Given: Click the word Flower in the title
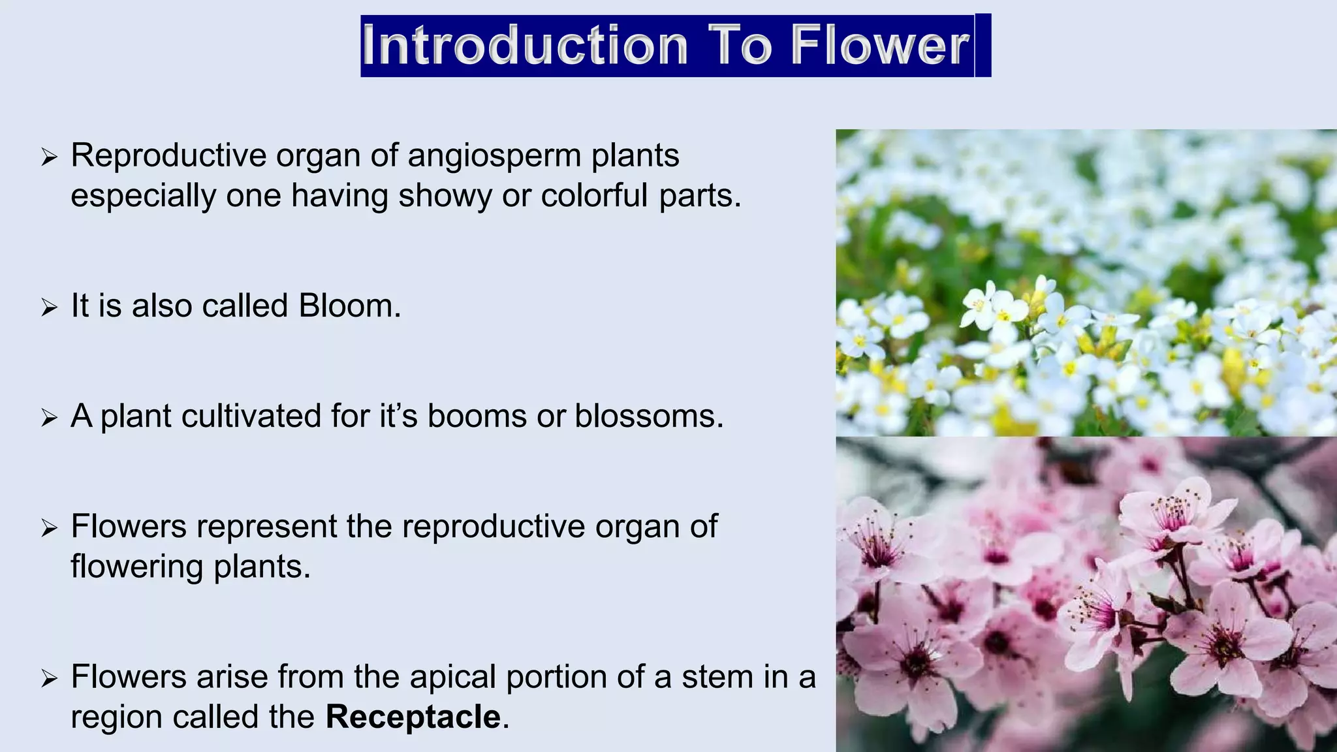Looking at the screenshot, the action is click(x=881, y=45).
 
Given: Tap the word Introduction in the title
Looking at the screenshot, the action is click(x=526, y=45).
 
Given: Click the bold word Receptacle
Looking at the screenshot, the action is click(x=413, y=717).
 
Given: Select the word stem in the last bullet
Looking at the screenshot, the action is click(x=720, y=677).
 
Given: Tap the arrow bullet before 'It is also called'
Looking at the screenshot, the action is click(x=50, y=307).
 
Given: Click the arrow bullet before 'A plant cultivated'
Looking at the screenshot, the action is click(x=50, y=417).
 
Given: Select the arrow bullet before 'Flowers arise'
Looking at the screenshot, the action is click(x=50, y=678).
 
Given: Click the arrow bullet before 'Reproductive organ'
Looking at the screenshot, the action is click(x=50, y=157).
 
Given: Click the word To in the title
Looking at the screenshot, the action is click(x=740, y=45).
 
